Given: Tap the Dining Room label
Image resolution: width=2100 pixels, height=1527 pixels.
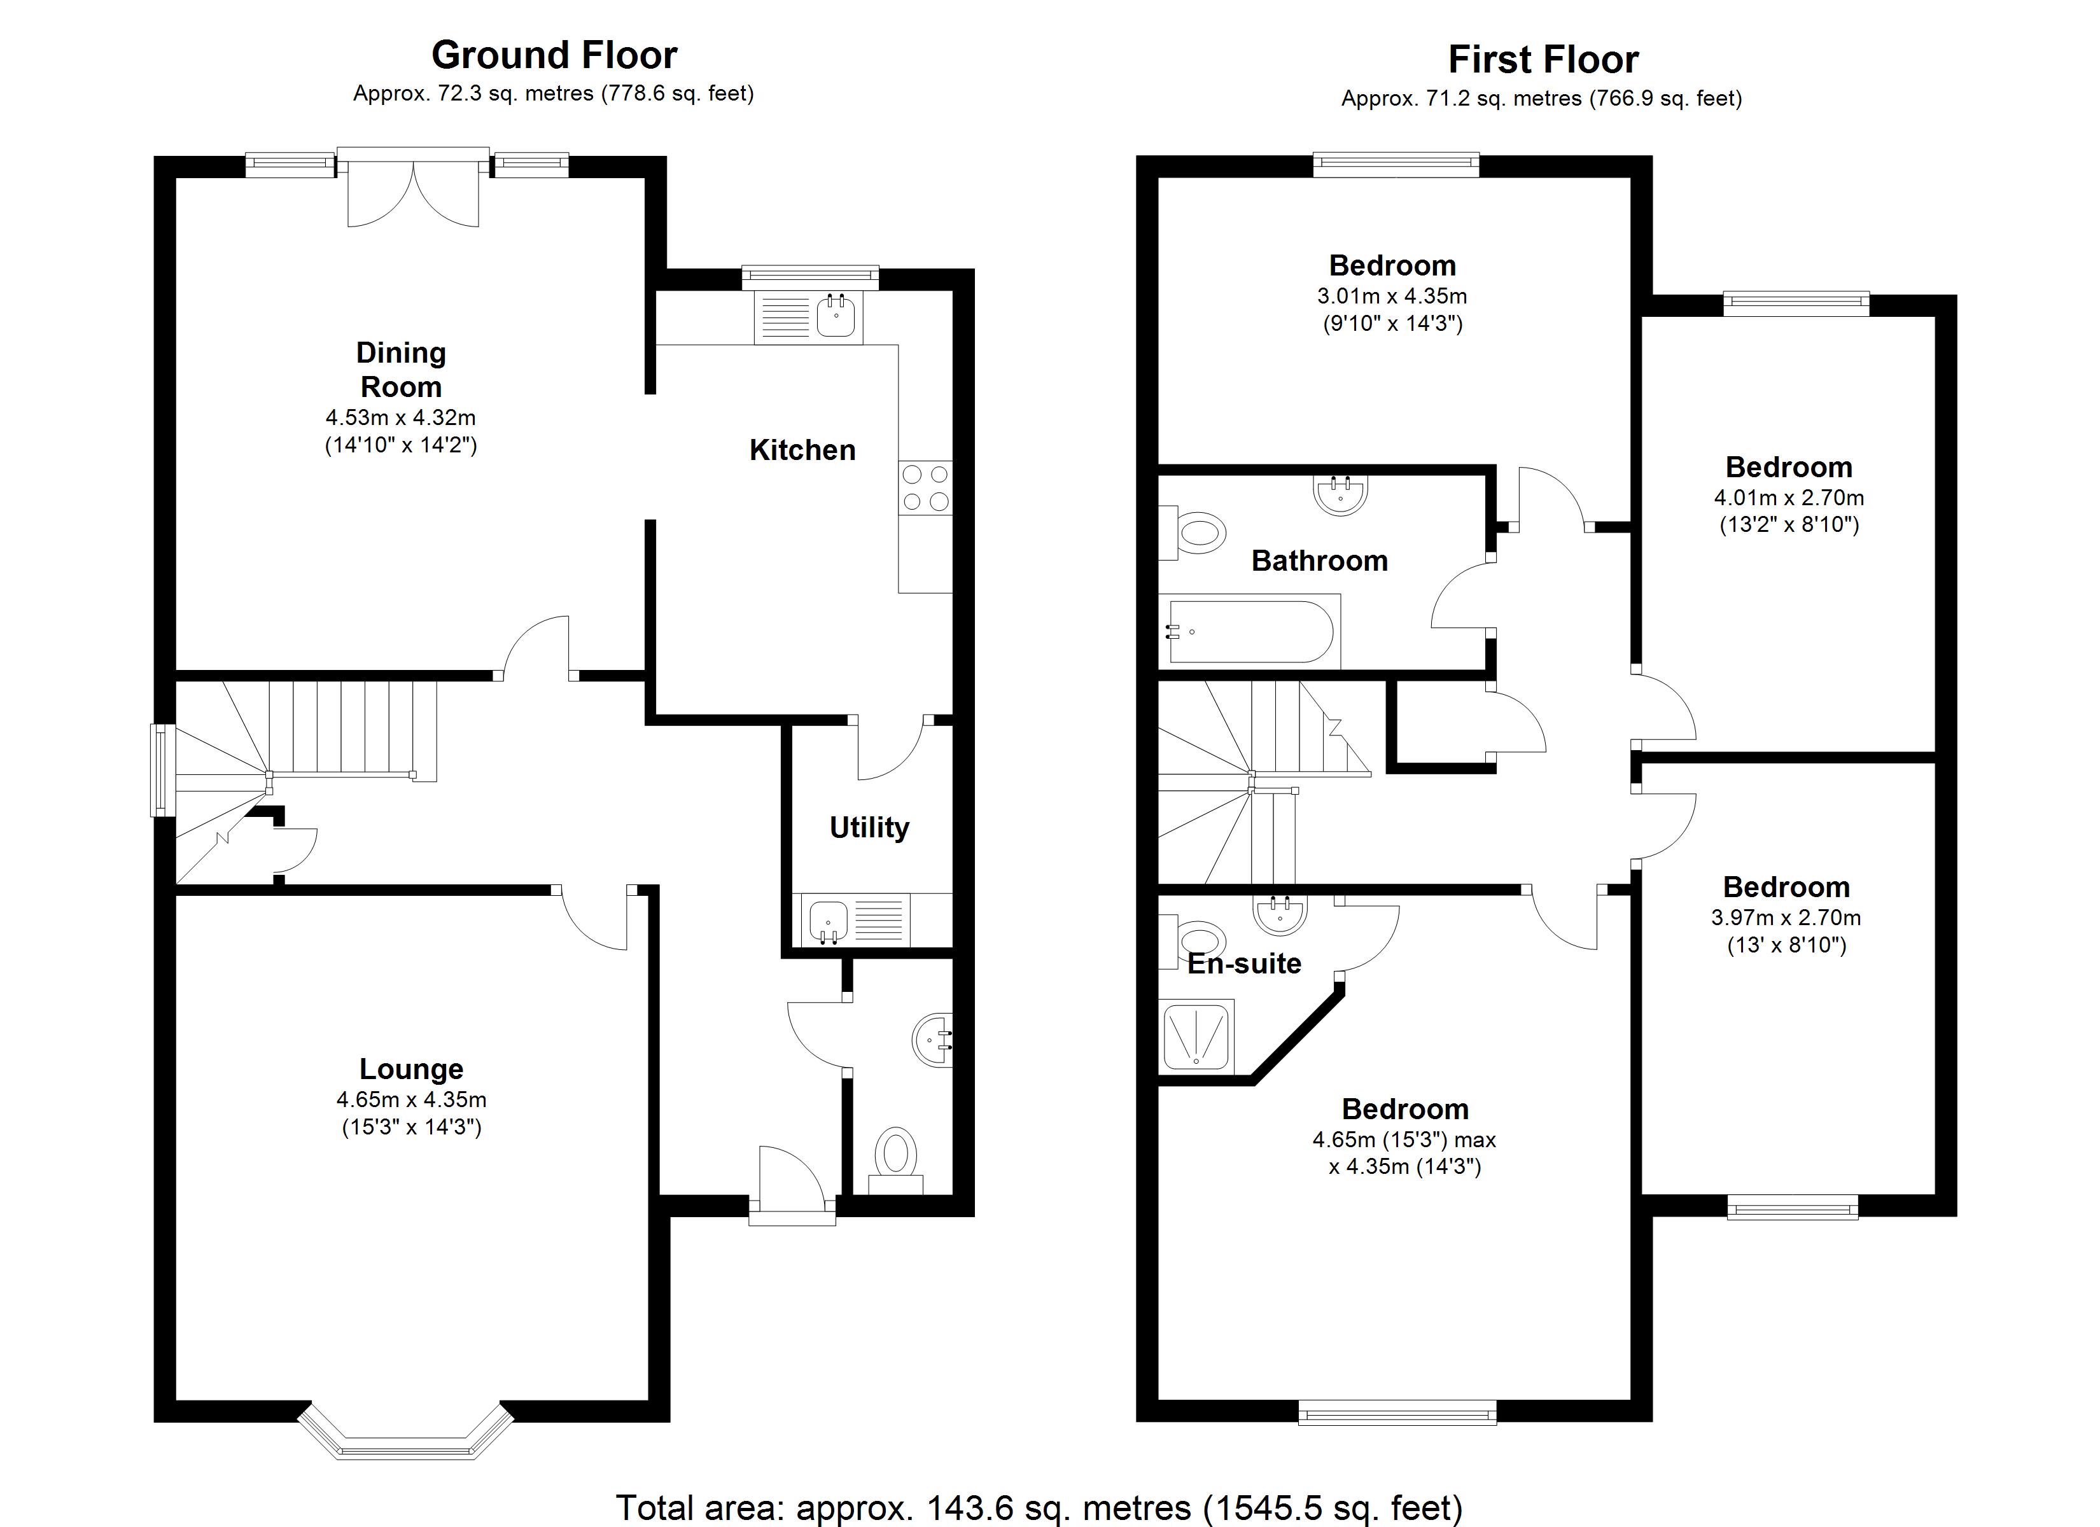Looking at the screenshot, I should pyautogui.click(x=400, y=370).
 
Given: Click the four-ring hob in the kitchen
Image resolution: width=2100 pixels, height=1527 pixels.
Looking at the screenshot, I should pyautogui.click(x=925, y=488).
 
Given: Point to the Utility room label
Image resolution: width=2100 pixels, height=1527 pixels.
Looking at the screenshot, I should pyautogui.click(x=869, y=827).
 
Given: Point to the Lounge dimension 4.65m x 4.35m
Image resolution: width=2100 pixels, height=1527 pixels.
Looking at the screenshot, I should pyautogui.click(x=411, y=1100).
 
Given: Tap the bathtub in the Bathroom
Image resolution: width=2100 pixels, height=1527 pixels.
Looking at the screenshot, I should pyautogui.click(x=1250, y=632).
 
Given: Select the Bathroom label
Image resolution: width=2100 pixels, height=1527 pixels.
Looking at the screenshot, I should pyautogui.click(x=1319, y=561).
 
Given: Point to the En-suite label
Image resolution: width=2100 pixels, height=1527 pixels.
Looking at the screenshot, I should pyautogui.click(x=1245, y=964).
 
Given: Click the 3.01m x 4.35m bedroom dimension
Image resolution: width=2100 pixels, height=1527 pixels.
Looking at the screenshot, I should pyautogui.click(x=1392, y=296).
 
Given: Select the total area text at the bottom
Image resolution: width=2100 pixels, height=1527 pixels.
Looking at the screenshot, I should pyautogui.click(x=1039, y=1507).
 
